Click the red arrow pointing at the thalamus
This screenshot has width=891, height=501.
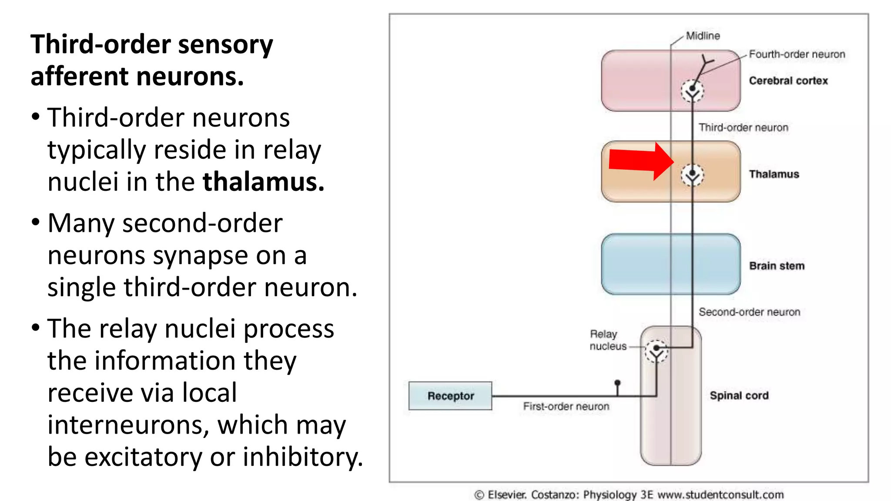tap(640, 161)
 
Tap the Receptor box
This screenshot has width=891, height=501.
tap(450, 396)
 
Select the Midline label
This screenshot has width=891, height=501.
tap(703, 36)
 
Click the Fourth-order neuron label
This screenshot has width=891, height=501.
tap(797, 54)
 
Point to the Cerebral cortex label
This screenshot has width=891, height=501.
tap(788, 81)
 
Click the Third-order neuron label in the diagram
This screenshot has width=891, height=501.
tap(743, 127)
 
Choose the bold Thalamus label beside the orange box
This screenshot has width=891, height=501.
tap(774, 174)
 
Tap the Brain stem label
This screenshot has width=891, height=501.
tap(777, 266)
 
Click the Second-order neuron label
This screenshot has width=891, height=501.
tap(749, 312)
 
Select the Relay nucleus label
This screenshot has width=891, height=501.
tap(607, 340)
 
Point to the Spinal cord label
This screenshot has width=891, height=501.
tap(739, 396)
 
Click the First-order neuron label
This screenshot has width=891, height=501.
tap(566, 406)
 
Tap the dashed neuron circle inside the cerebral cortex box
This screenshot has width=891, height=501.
tap(692, 91)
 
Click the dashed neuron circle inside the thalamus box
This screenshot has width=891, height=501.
tap(692, 175)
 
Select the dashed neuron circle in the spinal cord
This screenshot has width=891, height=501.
tap(656, 351)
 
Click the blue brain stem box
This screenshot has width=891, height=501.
tap(635, 264)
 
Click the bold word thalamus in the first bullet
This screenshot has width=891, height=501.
tap(263, 182)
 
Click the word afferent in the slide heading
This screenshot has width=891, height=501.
tap(80, 77)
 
